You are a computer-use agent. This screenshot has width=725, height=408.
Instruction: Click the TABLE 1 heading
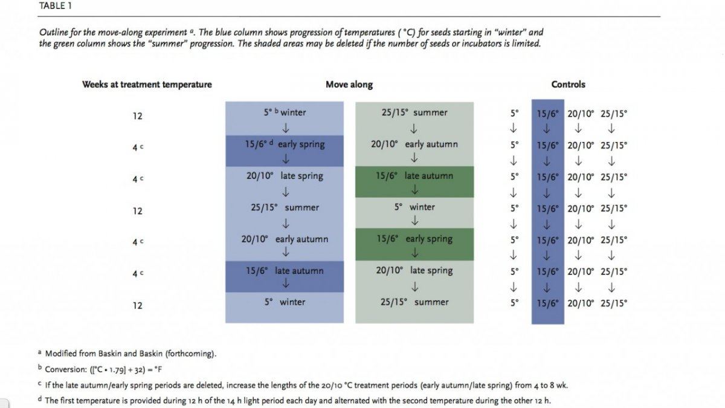coord(56,6)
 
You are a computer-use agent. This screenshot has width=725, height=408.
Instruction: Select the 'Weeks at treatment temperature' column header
coord(147,85)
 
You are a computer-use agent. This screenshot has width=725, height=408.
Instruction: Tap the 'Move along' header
coord(349,85)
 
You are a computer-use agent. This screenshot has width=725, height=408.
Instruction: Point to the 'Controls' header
coord(569,85)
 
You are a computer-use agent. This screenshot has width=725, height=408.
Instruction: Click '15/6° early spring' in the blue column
coord(285,144)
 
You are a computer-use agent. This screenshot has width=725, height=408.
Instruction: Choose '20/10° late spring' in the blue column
coord(285,176)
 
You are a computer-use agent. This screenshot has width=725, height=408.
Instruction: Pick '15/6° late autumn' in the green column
coord(414,176)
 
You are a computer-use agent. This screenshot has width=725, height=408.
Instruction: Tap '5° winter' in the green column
coord(414,207)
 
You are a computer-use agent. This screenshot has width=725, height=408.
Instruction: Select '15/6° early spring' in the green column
coord(414,239)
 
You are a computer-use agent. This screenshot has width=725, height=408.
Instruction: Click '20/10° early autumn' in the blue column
coord(285,239)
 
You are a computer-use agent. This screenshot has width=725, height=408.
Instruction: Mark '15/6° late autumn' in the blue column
coord(285,271)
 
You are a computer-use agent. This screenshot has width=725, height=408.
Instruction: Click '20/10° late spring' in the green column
coord(414,270)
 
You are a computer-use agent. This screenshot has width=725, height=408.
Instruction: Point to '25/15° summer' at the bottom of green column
coord(414,302)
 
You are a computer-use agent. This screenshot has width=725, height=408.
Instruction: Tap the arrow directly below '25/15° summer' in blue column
coord(285,224)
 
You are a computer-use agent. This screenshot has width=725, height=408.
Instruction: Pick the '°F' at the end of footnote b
coord(158,369)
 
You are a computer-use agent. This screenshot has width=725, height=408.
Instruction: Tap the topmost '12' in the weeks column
coord(137,116)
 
